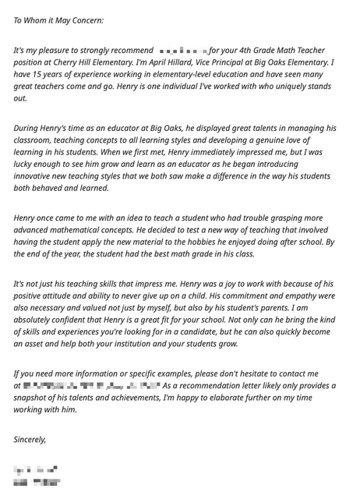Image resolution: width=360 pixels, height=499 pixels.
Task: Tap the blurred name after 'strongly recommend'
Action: click(182, 51)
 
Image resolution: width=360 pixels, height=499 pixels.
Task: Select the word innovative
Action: click(37, 176)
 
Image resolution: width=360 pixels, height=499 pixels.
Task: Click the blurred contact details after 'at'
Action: click(92, 385)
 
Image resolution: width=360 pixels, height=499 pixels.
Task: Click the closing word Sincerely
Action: click(30, 440)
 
